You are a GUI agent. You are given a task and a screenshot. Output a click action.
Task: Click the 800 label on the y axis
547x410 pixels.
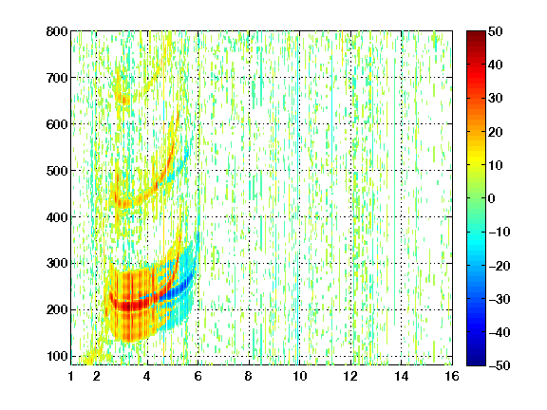click(x=57, y=31)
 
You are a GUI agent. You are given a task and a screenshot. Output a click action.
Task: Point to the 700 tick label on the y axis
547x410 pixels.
click(x=57, y=78)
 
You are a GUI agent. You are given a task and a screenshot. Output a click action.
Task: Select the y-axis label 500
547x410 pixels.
click(x=57, y=171)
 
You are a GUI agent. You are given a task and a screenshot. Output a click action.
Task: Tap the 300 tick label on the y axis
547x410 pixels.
click(x=57, y=264)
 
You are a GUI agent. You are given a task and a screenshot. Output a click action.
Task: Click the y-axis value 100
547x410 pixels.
click(x=57, y=356)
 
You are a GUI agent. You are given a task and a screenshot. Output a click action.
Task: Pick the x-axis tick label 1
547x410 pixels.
click(x=71, y=376)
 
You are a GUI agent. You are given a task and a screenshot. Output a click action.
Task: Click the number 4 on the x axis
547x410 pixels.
click(x=147, y=376)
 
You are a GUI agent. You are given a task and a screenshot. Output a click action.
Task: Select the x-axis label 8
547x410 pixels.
click(x=249, y=376)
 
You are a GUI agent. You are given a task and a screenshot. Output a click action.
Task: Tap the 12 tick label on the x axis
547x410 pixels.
click(x=350, y=376)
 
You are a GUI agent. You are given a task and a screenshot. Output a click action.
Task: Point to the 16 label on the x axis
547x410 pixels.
click(x=452, y=376)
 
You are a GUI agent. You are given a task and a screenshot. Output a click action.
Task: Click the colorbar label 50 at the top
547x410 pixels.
click(x=496, y=31)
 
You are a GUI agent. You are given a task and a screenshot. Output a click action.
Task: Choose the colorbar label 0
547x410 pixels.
click(x=492, y=198)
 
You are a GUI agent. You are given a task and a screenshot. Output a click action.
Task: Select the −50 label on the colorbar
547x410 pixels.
click(x=500, y=365)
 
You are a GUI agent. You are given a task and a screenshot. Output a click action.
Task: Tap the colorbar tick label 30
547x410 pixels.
click(x=496, y=99)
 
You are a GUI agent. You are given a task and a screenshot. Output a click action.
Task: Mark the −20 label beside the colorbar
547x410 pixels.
click(x=500, y=266)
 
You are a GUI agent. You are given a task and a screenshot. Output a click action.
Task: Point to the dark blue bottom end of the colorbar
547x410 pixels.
click(x=476, y=363)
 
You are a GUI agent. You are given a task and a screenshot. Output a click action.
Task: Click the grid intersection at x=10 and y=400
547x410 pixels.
click(x=299, y=216)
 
